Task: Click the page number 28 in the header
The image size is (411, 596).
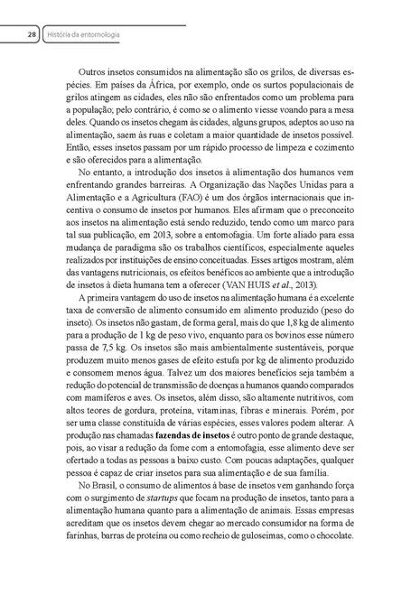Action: [31, 35]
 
